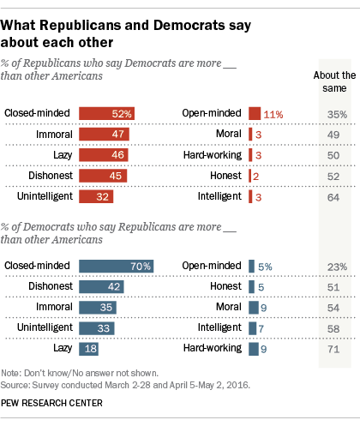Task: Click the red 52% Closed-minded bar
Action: tap(106, 113)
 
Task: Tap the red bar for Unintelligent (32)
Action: tap(95, 195)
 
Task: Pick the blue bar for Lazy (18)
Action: tap(87, 349)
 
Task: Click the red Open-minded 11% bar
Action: tap(255, 113)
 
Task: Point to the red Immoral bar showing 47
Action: tap(104, 134)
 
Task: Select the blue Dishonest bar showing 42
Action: tap(101, 287)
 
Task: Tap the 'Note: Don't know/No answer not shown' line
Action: tap(82, 375)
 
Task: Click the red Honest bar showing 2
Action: tap(250, 175)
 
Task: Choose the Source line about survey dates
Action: tap(125, 387)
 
